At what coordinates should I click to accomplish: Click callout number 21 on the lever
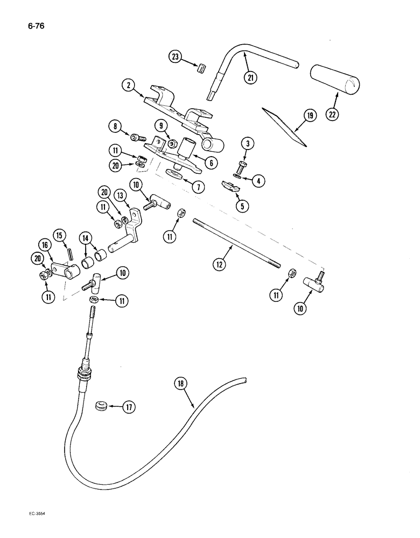click(x=250, y=76)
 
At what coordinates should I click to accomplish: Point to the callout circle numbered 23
click(x=176, y=58)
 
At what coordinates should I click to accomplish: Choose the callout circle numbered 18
click(x=182, y=384)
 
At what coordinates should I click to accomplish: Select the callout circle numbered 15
click(x=60, y=236)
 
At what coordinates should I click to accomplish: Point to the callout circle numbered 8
click(x=114, y=128)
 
